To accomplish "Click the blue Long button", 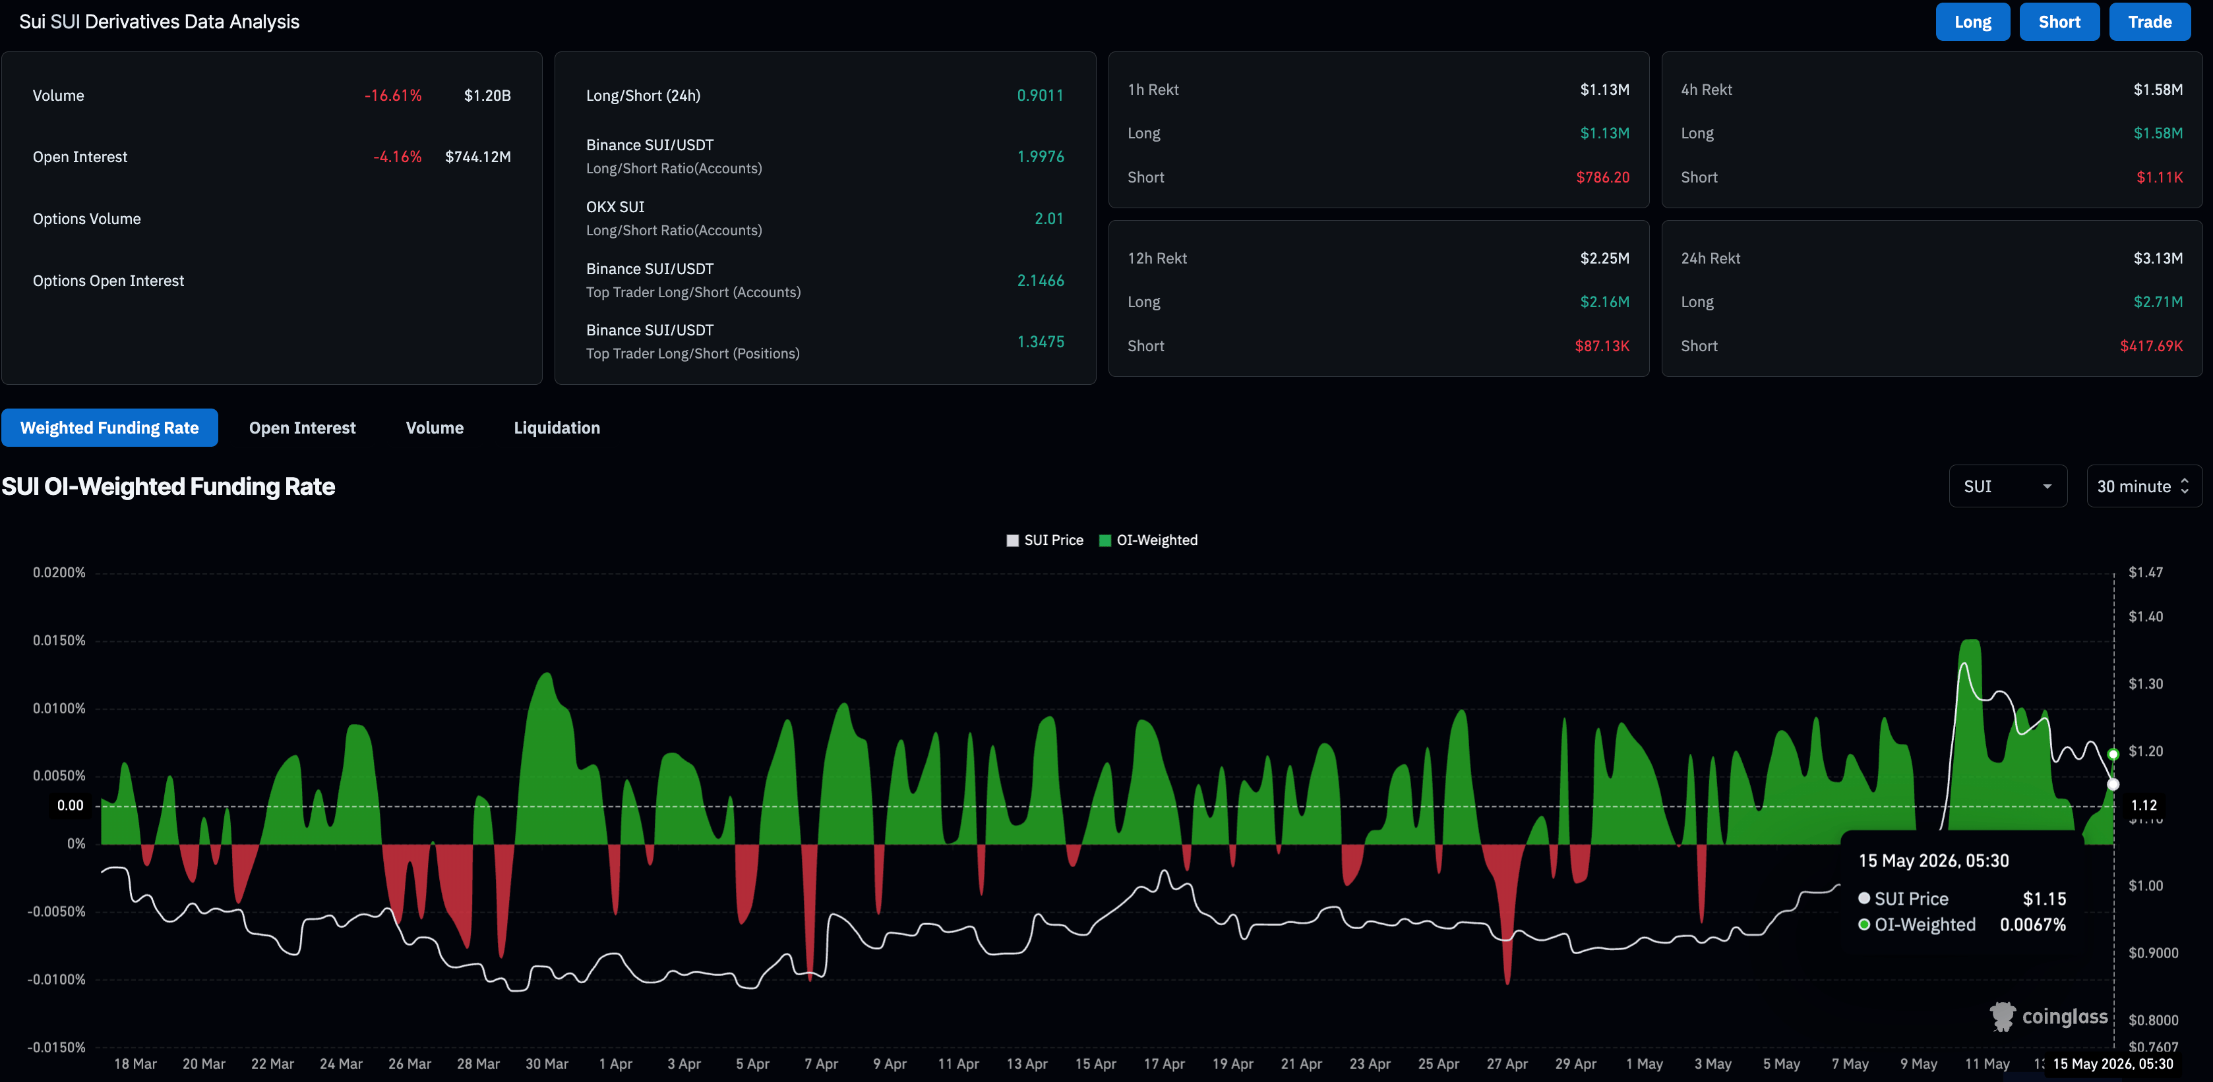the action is click(x=1972, y=22).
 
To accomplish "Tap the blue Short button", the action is click(x=2059, y=22).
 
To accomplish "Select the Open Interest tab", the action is click(x=303, y=428).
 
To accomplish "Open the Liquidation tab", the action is click(x=557, y=428).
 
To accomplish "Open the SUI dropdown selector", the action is click(x=2008, y=486).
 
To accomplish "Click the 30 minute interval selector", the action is click(x=2143, y=486).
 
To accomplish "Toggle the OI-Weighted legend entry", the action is click(x=1149, y=540).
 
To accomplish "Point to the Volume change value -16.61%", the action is click(x=392, y=96).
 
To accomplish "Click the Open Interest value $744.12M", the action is click(x=477, y=157).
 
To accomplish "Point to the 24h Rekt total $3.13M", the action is click(x=2158, y=258).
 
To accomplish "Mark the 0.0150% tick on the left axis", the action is click(x=59, y=641).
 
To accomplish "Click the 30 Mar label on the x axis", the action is click(x=547, y=1064).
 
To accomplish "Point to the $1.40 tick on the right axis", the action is click(x=2145, y=617).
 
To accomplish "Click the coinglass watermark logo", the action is click(x=2049, y=1017).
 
